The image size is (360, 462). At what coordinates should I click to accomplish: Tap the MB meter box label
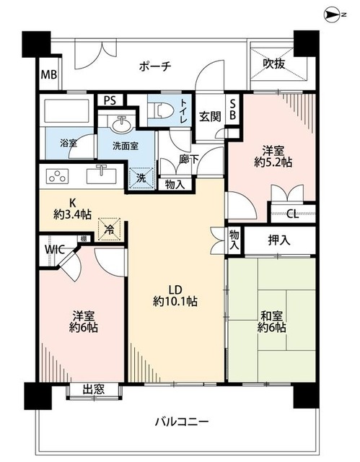pos(49,74)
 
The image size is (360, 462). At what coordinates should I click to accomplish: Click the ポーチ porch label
pos(155,66)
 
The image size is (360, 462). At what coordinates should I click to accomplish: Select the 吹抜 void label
pos(274,64)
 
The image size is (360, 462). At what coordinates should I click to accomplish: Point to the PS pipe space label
pos(110,101)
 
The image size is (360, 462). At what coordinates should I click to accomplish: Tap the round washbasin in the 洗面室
pos(121,125)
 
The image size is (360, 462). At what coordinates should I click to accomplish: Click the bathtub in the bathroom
pos(66,110)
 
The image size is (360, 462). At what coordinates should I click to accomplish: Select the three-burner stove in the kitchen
pos(58,176)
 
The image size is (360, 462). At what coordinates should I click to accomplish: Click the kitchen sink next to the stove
pos(101,175)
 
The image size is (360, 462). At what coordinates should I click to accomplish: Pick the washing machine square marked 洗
pos(141,178)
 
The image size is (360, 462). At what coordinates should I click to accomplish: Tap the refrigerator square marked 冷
pos(109,229)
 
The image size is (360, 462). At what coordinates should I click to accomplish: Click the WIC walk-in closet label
pos(55,250)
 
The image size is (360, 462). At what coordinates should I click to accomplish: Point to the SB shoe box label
pos(232,110)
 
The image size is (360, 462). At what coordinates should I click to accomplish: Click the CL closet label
pos(293,214)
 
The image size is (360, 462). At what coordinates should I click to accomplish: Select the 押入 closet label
pos(278,240)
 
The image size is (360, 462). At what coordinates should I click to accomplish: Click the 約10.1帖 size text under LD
pos(175,301)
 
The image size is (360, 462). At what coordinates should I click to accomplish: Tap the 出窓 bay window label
pos(94,390)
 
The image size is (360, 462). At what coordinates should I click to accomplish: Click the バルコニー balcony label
pos(182,422)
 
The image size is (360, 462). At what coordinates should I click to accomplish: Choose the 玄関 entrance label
pos(210,117)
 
